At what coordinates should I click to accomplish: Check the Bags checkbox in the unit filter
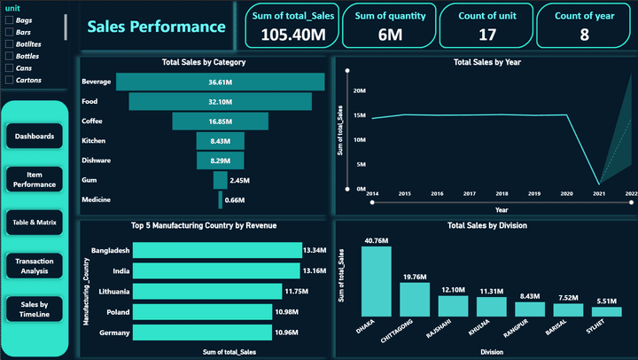[9, 19]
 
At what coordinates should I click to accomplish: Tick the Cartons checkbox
[9, 80]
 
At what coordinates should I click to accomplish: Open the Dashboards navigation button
[35, 137]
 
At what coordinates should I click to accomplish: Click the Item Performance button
[35, 179]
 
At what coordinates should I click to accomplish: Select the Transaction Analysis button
[35, 265]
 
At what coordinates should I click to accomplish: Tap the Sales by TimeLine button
[35, 308]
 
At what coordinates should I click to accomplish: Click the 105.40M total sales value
[288, 35]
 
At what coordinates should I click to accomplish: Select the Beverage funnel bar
[220, 82]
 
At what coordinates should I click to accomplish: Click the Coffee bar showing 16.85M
[220, 121]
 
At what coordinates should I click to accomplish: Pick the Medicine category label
[96, 200]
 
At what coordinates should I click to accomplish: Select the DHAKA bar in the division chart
[376, 280]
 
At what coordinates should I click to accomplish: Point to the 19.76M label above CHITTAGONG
[415, 277]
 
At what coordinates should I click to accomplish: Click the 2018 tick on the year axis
[502, 193]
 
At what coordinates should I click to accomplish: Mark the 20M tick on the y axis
[360, 90]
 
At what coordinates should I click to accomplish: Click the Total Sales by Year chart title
[486, 63]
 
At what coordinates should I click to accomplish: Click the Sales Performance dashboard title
[156, 27]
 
